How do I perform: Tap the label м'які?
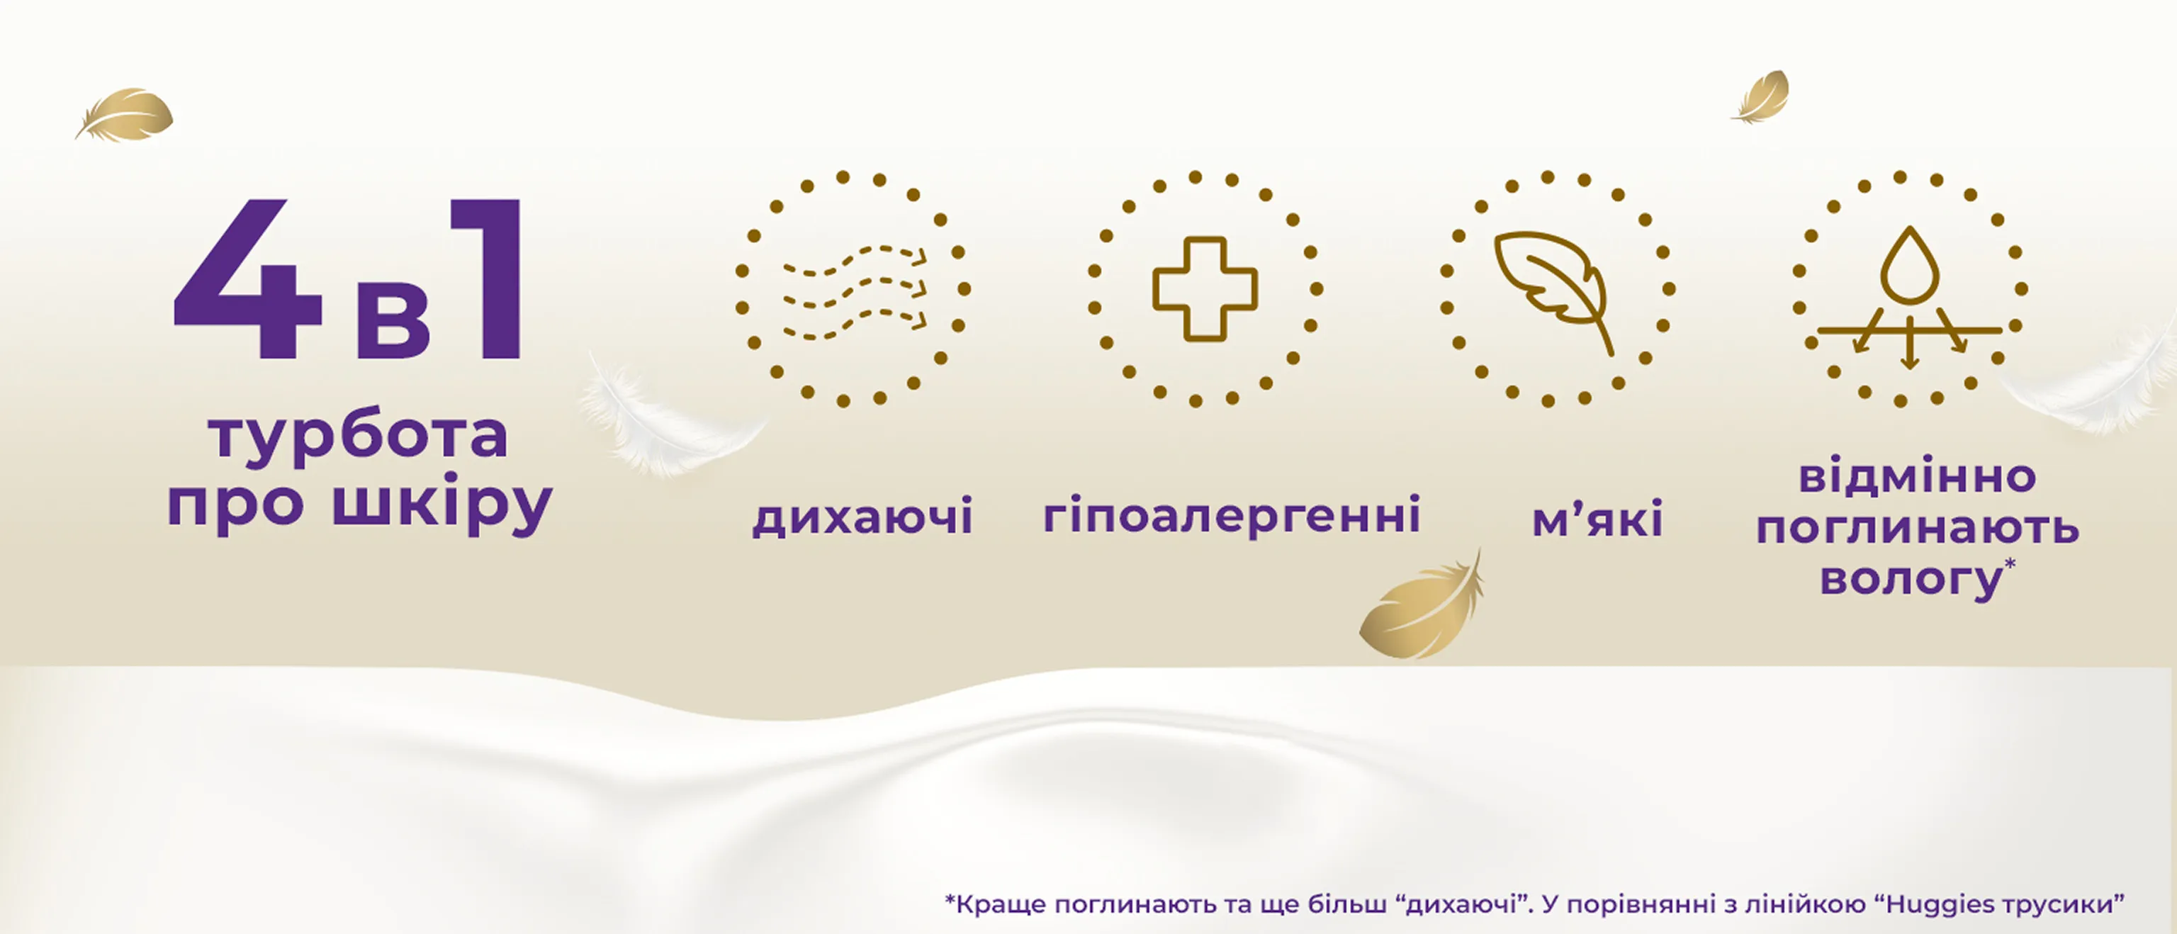[x=1597, y=517]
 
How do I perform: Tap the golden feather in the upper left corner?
[x=124, y=114]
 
